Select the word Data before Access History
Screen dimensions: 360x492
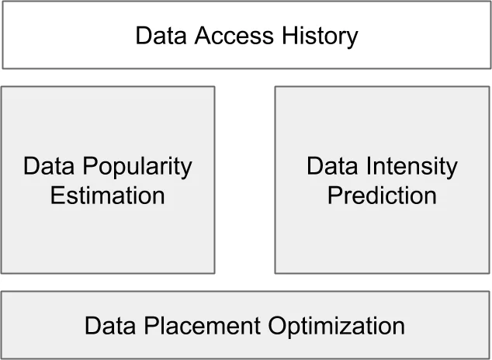pyautogui.click(x=159, y=36)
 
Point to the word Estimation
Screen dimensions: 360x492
pyautogui.click(x=107, y=195)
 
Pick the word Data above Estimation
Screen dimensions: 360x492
pyautogui.click(x=49, y=166)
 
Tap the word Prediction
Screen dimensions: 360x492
pyautogui.click(x=382, y=195)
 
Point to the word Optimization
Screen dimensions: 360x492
pyautogui.click(x=336, y=325)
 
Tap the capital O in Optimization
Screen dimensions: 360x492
pyautogui.click(x=277, y=325)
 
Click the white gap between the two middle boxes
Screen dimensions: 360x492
pyautogui.click(x=244, y=179)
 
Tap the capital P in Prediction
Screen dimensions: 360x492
pyautogui.click(x=334, y=195)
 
